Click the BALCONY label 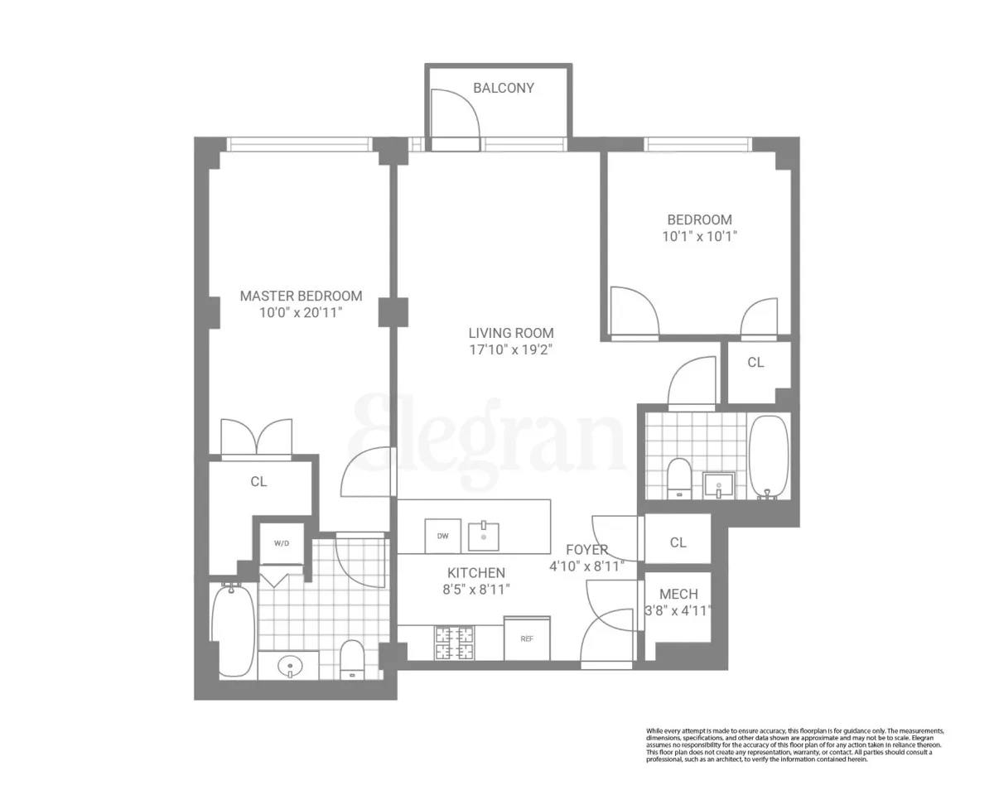click(x=503, y=88)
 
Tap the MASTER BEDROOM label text click(x=301, y=296)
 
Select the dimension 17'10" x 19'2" click(x=510, y=349)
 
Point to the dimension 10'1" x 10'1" click(x=700, y=236)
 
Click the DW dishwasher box click(x=443, y=536)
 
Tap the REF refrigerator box click(x=527, y=638)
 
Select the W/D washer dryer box click(x=282, y=544)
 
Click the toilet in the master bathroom click(x=352, y=658)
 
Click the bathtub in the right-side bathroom click(x=770, y=458)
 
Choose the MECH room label click(x=678, y=594)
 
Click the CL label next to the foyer click(x=678, y=542)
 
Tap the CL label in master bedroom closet click(x=258, y=481)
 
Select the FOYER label click(x=587, y=550)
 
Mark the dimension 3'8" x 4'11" click(x=678, y=611)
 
